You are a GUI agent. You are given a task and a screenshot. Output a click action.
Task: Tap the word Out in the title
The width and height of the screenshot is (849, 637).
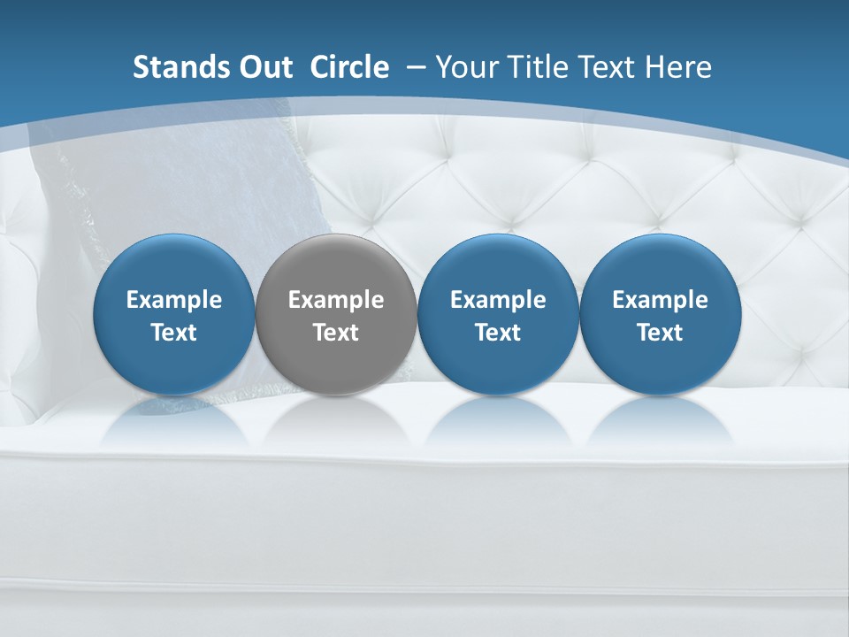coord(264,67)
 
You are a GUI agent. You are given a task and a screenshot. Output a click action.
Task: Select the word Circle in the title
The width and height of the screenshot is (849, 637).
coord(349,67)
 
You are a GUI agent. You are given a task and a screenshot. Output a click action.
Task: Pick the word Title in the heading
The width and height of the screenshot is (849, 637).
coord(539,67)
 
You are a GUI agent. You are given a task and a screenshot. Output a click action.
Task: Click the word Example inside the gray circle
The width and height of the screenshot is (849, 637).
coord(336,300)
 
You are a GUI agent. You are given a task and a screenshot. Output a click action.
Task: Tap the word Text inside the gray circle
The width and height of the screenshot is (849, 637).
coord(336,333)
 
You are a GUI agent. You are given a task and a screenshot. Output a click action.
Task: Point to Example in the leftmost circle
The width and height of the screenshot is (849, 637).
coord(173,300)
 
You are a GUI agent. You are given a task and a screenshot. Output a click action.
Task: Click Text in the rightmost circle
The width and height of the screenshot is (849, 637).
coord(661,333)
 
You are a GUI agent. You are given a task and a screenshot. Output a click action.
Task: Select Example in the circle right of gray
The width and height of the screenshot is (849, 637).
coord(498,300)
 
